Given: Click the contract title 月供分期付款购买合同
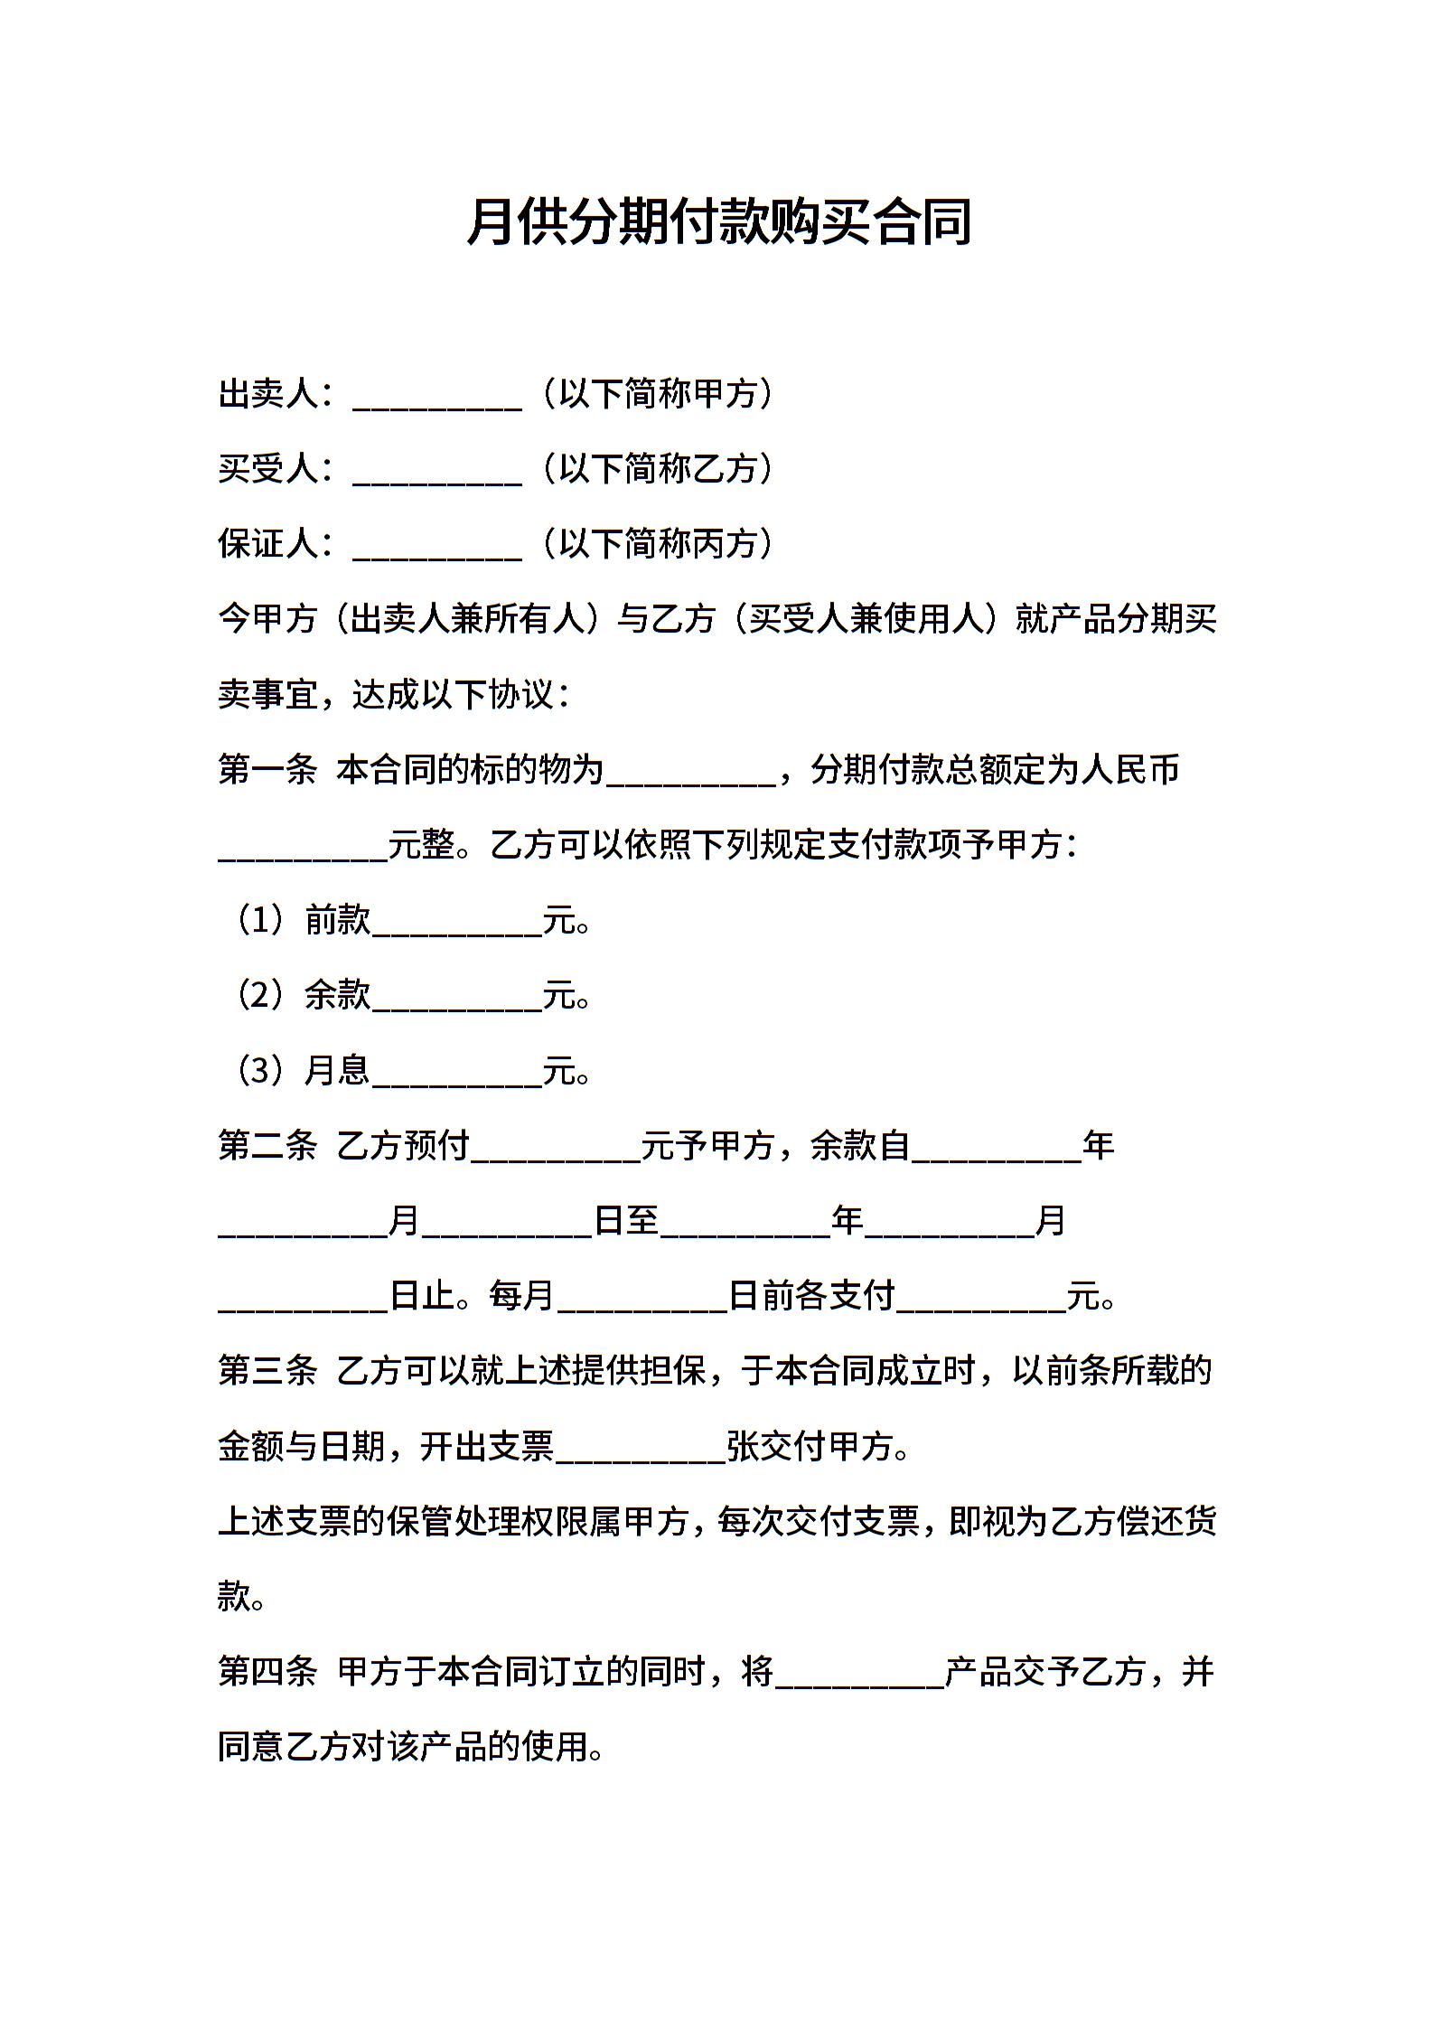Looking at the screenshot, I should click(718, 222).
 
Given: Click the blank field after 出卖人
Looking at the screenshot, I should click(437, 398).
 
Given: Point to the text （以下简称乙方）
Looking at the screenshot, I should click(657, 469).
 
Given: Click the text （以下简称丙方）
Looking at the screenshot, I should click(657, 544).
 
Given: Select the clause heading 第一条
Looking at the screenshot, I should click(267, 770).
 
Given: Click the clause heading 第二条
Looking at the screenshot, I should click(267, 1146).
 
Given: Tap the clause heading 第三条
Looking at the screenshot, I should click(267, 1371).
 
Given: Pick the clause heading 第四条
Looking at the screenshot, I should click(267, 1672).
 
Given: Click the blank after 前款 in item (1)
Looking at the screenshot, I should click(457, 924).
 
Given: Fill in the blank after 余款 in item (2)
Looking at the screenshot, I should click(457, 999).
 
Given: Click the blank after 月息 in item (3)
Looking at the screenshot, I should click(457, 1074).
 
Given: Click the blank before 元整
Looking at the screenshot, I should click(304, 849).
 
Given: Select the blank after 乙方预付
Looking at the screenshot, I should click(557, 1150).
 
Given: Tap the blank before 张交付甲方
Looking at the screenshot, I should click(642, 1451).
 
